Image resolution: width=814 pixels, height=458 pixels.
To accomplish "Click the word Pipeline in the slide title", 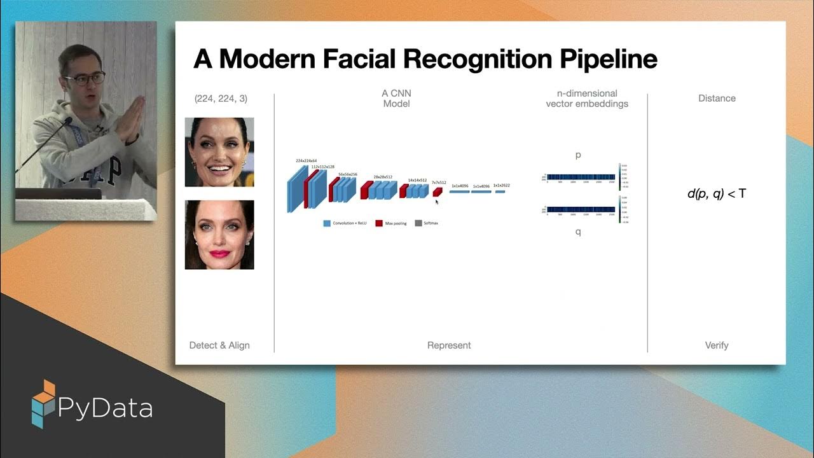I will point(608,59).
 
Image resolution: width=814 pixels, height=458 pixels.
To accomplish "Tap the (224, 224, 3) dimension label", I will point(221,99).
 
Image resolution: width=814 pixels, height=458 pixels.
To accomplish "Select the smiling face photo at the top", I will point(219,152).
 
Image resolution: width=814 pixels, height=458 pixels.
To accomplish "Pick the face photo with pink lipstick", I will point(219,235).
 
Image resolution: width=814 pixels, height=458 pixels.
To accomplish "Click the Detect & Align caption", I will point(219,345).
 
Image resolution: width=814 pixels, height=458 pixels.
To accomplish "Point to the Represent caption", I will point(449,345).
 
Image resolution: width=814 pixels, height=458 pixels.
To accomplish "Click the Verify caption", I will point(717,345).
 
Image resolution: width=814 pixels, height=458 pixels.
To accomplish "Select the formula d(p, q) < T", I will point(716,193).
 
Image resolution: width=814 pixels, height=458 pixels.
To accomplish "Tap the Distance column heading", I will point(717,99).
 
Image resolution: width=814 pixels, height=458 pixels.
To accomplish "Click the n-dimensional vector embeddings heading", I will point(587,99).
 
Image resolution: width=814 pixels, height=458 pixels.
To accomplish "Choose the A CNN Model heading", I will point(396,99).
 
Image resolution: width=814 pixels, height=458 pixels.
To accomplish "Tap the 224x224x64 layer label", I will point(306,161).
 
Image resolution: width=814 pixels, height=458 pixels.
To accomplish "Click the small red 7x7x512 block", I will point(437,191).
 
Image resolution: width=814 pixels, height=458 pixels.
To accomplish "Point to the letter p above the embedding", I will point(578,155).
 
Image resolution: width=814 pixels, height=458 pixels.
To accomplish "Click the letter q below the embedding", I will point(578,232).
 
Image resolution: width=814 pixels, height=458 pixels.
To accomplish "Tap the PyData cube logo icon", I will point(43,403).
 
